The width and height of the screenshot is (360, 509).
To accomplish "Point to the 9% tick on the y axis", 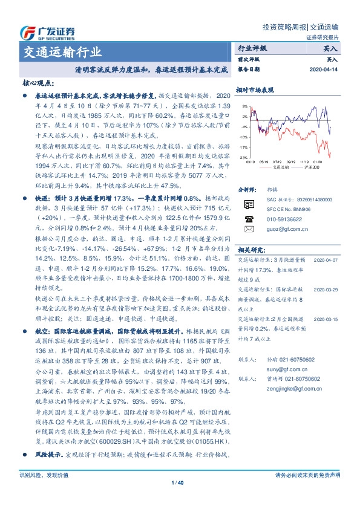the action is click(x=244, y=106).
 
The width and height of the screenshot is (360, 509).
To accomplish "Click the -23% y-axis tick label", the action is click(x=243, y=157).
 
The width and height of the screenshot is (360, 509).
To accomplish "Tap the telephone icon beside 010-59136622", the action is click(x=248, y=236).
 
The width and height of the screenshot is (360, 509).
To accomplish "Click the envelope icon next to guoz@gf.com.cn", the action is click(x=248, y=247).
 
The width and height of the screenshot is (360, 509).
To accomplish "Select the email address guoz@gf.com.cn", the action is click(x=285, y=247).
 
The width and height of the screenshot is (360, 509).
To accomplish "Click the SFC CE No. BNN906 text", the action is click(x=289, y=225).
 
